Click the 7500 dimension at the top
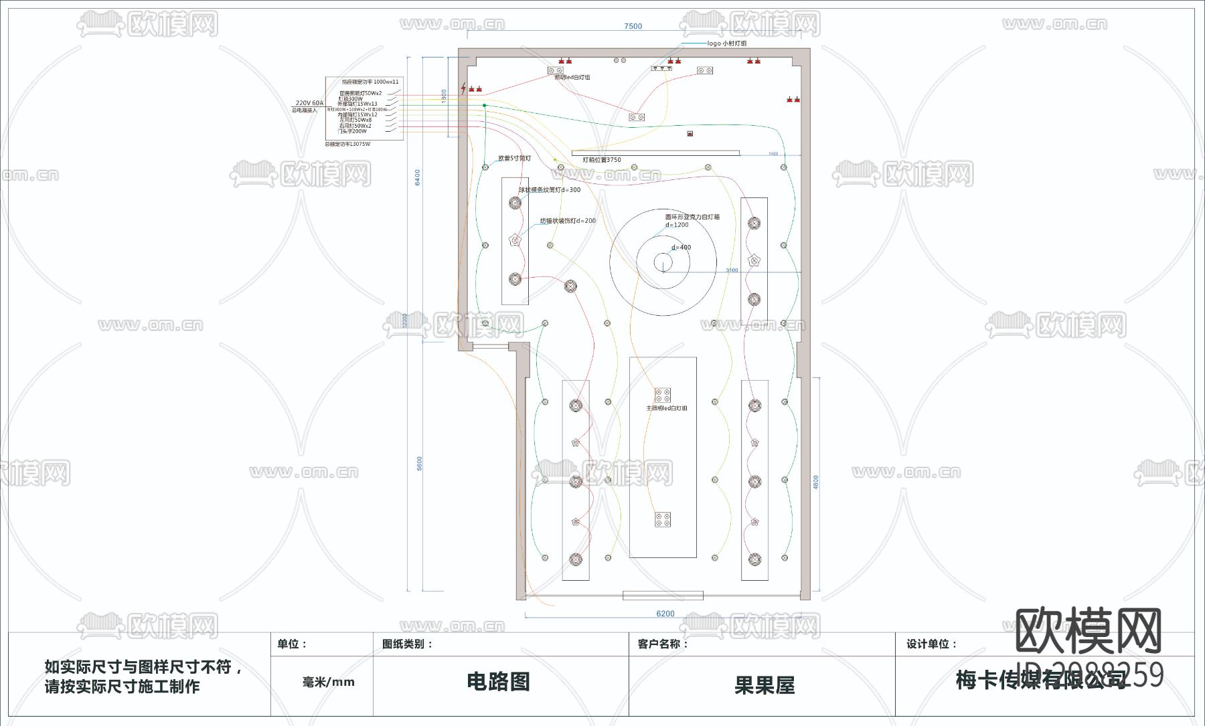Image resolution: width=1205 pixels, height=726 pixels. point(633,27)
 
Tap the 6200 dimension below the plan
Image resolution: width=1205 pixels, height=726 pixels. point(665,614)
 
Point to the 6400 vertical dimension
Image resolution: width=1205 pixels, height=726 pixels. point(418,177)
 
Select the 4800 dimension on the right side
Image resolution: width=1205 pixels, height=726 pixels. point(815,482)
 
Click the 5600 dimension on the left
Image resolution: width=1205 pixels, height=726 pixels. point(420,463)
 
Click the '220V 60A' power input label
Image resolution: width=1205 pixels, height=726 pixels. point(309,104)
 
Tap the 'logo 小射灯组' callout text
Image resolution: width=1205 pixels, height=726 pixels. point(726,43)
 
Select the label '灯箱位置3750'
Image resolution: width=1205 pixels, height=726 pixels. point(602,160)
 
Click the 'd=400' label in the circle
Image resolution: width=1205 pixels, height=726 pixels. point(681,248)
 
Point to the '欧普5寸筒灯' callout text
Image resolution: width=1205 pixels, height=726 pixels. point(514,159)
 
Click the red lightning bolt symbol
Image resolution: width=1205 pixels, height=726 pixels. point(463,88)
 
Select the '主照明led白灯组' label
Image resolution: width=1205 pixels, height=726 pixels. point(666,408)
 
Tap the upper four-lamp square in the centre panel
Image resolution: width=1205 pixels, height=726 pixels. point(662,395)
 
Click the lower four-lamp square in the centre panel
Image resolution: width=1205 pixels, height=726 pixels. point(662,519)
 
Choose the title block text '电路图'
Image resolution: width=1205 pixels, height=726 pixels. point(498,682)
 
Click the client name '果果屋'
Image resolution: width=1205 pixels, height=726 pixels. point(764,685)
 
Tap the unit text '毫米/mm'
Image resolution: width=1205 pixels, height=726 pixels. point(328,682)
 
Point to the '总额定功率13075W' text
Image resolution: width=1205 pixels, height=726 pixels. point(347,145)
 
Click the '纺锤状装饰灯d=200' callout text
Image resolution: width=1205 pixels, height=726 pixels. point(568,221)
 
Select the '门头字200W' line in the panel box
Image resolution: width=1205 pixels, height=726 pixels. point(353,131)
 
